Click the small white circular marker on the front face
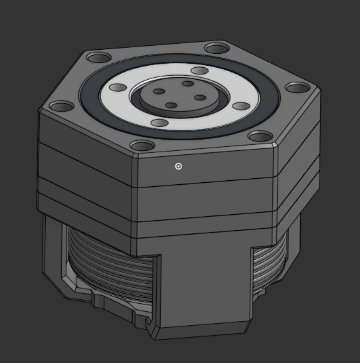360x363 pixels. (x=178, y=166)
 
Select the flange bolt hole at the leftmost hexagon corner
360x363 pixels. (x=61, y=106)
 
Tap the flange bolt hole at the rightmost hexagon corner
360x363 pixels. (x=296, y=88)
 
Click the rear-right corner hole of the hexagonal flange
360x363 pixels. (x=215, y=48)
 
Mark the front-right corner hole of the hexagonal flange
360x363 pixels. (x=258, y=137)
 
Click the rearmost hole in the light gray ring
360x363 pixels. (x=199, y=71)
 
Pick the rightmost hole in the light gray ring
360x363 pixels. (x=240, y=106)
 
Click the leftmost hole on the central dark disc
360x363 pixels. (x=159, y=92)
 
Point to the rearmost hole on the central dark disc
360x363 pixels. (x=188, y=84)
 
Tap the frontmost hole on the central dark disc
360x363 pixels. (x=171, y=105)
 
